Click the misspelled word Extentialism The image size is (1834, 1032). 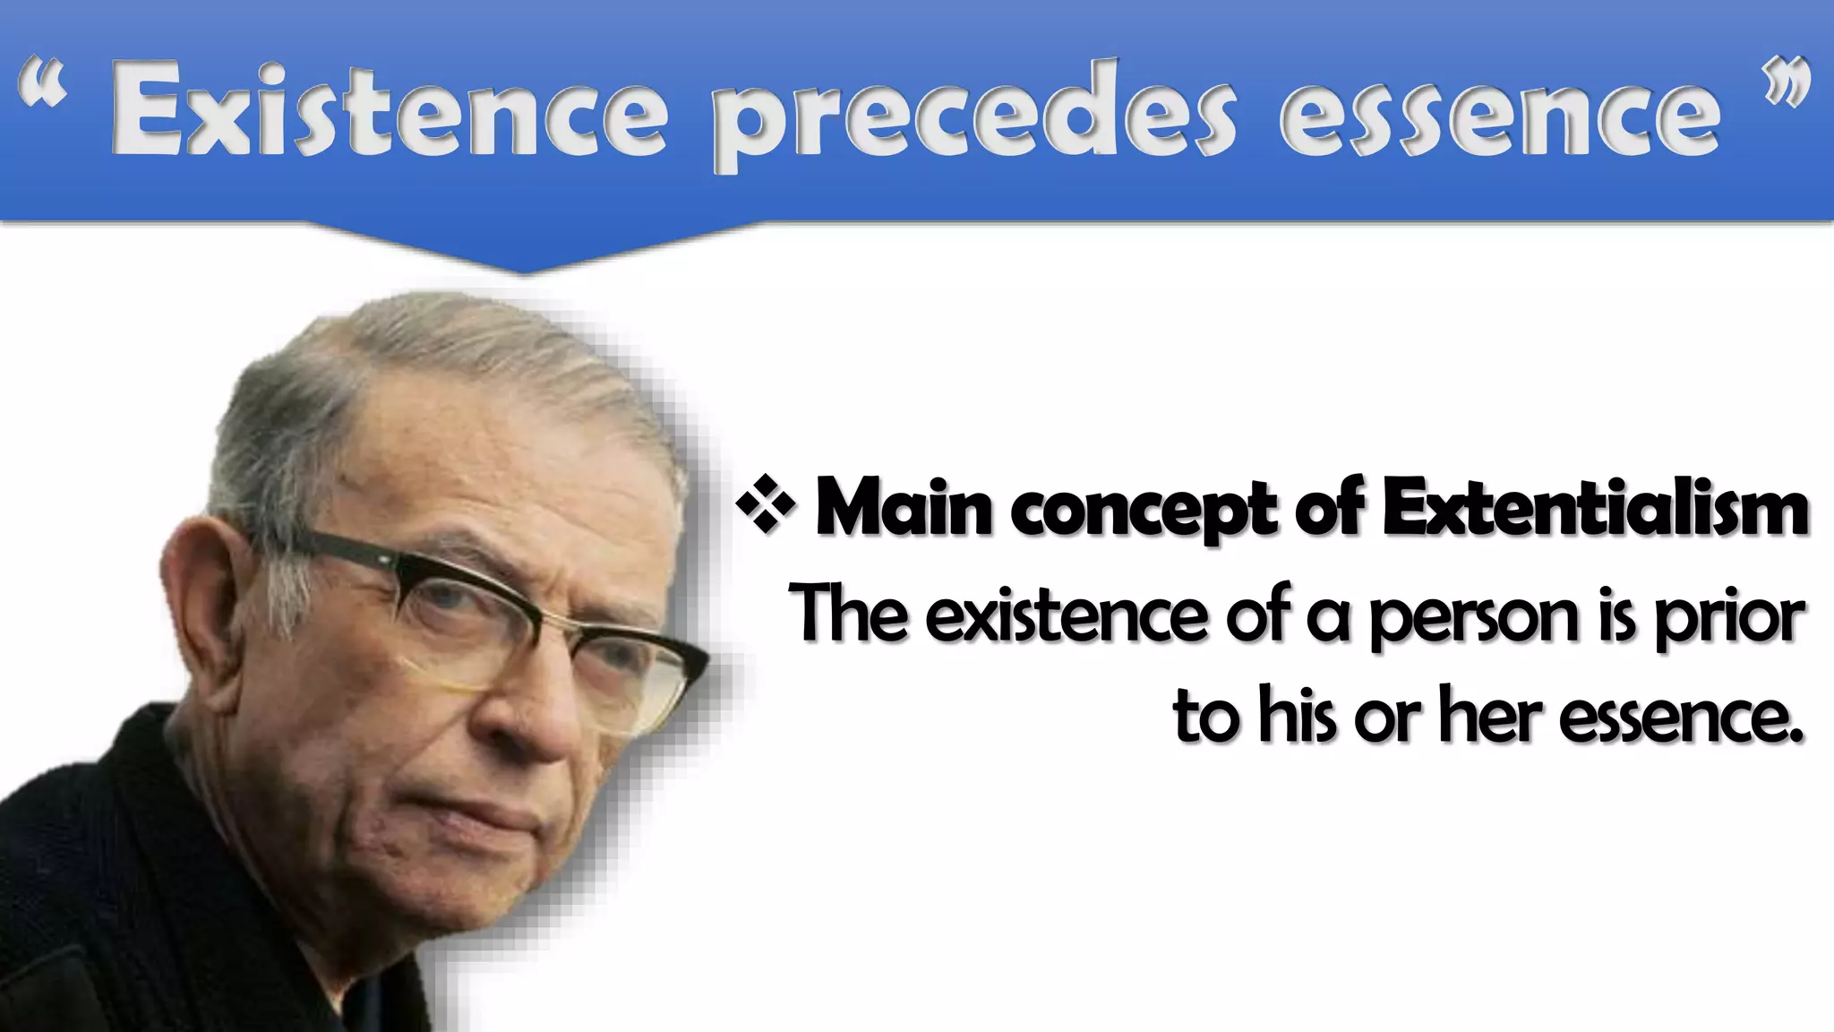pos(1594,508)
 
